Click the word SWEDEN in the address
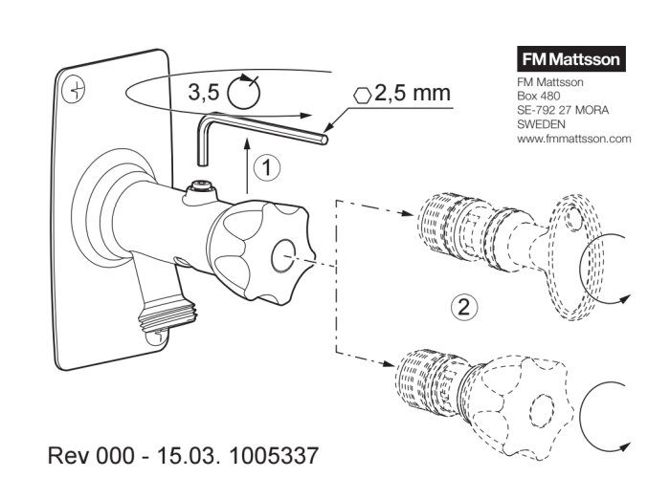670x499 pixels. click(541, 123)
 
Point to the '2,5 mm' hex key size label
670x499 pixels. click(413, 95)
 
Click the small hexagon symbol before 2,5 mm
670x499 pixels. click(363, 96)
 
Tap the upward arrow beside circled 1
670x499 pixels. click(246, 166)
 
